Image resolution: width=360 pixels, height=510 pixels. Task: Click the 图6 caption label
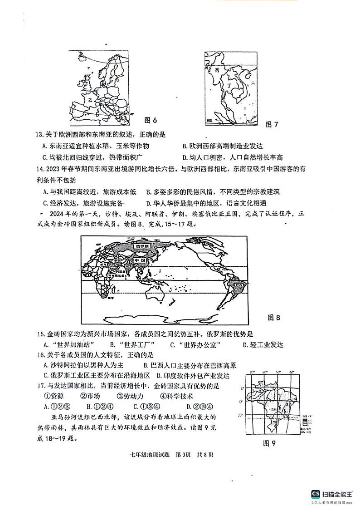click(150, 120)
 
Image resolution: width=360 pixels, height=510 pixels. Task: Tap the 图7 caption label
click(272, 124)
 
